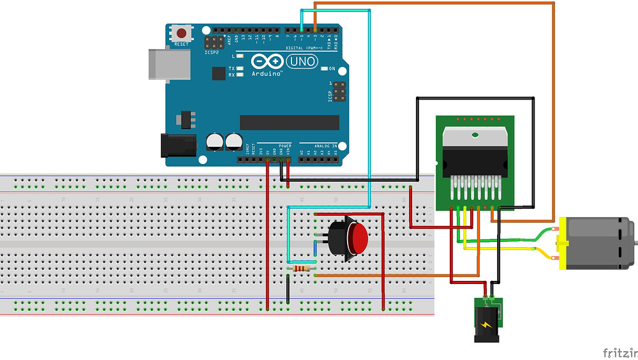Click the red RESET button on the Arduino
tap(182, 33)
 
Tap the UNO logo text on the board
tap(302, 61)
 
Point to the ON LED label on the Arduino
tap(332, 68)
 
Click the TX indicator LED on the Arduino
tap(240, 68)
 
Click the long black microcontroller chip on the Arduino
tap(289, 122)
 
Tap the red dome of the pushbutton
tap(358, 237)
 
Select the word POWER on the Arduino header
tap(285, 146)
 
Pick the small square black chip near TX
tap(219, 73)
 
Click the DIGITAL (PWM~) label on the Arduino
tap(302, 48)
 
